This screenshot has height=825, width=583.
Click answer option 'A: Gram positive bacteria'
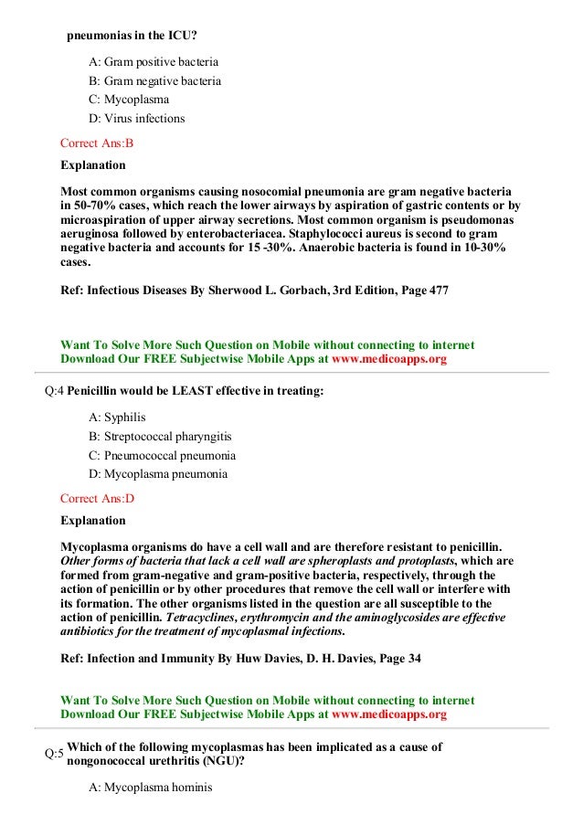click(x=154, y=63)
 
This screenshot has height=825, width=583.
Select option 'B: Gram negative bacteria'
click(x=154, y=81)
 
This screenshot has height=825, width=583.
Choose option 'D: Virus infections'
click(x=136, y=119)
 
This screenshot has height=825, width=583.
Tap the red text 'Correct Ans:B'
click(x=97, y=143)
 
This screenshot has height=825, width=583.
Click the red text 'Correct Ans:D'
click(x=97, y=499)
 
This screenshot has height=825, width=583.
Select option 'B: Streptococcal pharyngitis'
click(x=162, y=436)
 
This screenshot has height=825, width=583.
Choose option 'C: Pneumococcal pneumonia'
click(x=162, y=455)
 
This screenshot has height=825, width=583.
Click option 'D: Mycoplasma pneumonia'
click(x=158, y=474)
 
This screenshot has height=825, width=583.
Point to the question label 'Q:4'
click(x=54, y=392)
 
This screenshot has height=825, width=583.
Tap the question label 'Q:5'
click(x=54, y=754)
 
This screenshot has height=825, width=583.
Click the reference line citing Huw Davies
click(x=240, y=661)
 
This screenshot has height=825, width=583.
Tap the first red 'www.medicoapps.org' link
click(x=389, y=359)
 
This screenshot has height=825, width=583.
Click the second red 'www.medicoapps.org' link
click(x=389, y=714)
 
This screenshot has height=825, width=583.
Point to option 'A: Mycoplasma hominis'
click(x=150, y=784)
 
